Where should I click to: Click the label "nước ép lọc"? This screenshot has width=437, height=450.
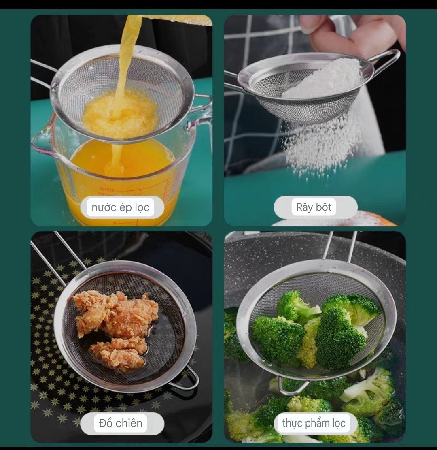pyautogui.click(x=121, y=208)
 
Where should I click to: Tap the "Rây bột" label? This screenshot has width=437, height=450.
pyautogui.click(x=314, y=207)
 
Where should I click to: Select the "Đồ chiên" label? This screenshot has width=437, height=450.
pyautogui.click(x=121, y=423)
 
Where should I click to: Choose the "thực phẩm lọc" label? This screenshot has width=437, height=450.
pyautogui.click(x=314, y=423)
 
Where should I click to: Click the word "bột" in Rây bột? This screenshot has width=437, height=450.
pyautogui.click(x=324, y=207)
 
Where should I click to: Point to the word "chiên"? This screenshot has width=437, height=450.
pyautogui.click(x=129, y=423)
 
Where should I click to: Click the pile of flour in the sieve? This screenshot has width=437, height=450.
pyautogui.click(x=324, y=79)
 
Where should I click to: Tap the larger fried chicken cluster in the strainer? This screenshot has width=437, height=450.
pyautogui.click(x=115, y=312)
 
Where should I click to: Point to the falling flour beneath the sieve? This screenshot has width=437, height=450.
pyautogui.click(x=320, y=146)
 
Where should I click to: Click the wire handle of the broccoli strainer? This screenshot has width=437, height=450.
pyautogui.click(x=340, y=245)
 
